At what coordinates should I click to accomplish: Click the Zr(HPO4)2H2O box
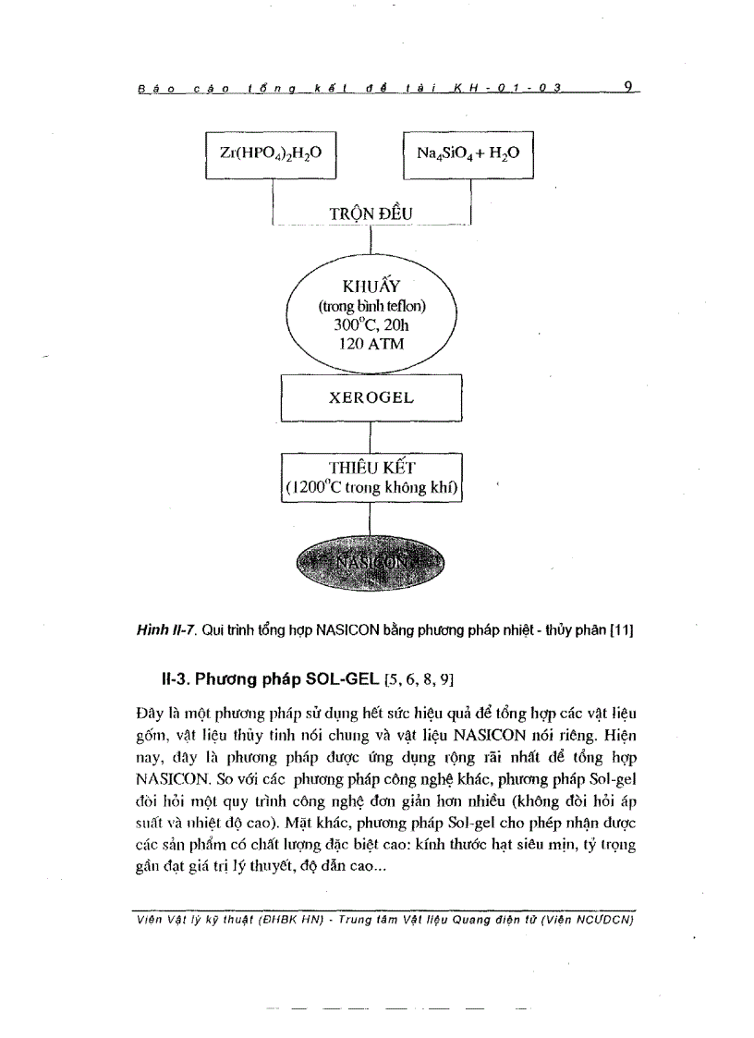269,154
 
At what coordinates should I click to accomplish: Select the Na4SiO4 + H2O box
469,154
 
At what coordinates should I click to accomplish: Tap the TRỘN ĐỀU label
371,214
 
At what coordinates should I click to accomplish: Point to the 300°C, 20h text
371,325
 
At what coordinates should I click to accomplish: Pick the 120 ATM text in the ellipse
371,345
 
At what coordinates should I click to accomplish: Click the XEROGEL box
371,398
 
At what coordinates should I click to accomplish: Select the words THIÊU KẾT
371,468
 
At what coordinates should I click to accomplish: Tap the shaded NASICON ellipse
371,562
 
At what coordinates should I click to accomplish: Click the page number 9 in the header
627,88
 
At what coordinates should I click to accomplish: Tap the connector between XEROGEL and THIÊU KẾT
371,436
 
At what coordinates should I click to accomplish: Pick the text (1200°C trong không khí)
371,488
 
